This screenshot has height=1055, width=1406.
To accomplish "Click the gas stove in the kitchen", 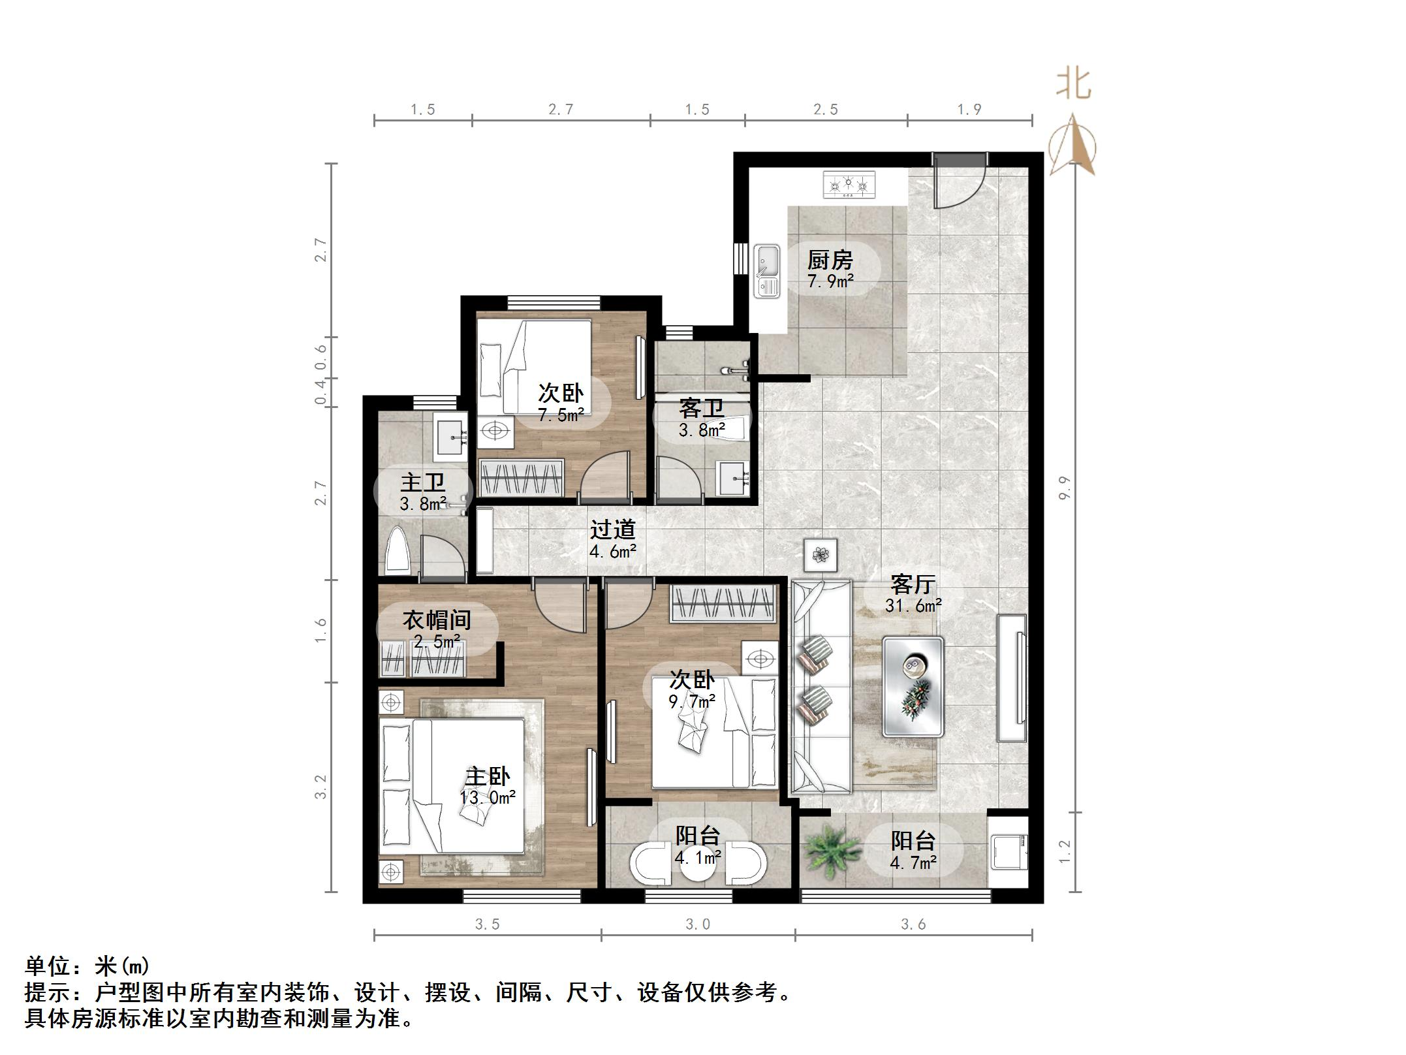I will point(848,184).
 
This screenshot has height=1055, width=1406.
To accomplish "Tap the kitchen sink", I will point(766,271).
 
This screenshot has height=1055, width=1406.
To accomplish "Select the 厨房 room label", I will point(830,260).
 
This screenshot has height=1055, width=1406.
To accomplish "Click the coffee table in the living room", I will point(913,687).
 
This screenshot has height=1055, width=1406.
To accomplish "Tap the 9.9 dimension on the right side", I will point(1065,488).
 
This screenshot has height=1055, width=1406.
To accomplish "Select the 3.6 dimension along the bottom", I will point(913,924).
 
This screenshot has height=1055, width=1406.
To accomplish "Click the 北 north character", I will point(1074,84).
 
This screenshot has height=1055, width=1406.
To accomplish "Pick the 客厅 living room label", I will point(913,583).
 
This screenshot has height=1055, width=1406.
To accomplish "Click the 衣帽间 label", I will point(436,620).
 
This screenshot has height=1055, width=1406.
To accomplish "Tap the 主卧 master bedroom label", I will point(487,776).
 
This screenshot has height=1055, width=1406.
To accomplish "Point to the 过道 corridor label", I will point(612,529).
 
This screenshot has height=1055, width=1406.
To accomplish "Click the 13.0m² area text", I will point(488,797).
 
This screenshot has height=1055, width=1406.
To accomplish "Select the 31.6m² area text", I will point(913,605).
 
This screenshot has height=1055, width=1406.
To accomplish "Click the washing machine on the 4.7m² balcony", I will point(1009,851).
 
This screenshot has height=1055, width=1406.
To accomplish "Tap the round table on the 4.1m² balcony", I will point(698,863).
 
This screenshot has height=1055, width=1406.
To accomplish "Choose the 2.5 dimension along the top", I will point(826,109).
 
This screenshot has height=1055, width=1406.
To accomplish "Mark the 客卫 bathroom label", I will point(701,409).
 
